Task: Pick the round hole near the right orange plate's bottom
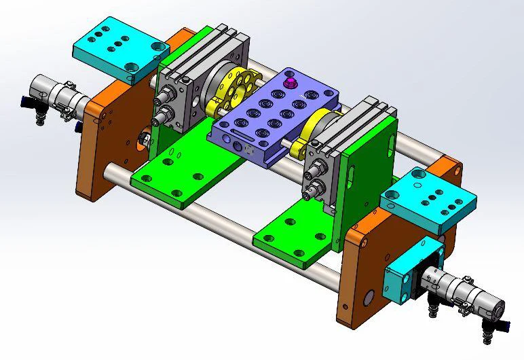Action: (x=369, y=298)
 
